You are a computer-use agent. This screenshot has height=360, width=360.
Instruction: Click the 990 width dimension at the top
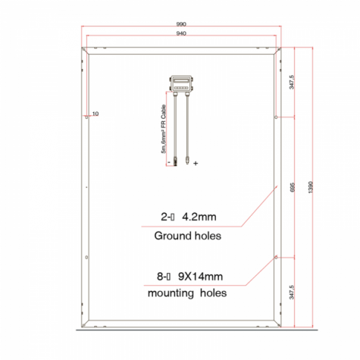coord(183,24)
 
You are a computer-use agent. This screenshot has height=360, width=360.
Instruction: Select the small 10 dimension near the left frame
coord(95,115)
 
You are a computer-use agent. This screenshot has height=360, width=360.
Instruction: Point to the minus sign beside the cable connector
coord(168,161)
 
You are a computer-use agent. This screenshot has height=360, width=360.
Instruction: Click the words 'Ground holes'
coord(188,237)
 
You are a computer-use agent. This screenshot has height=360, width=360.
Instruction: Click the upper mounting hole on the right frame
coord(277,117)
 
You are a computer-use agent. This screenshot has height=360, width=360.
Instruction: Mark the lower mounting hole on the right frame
coord(277,257)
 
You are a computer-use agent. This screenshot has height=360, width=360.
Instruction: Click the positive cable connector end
coord(186,158)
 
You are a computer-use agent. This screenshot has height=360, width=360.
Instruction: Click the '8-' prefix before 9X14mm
coord(163,277)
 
